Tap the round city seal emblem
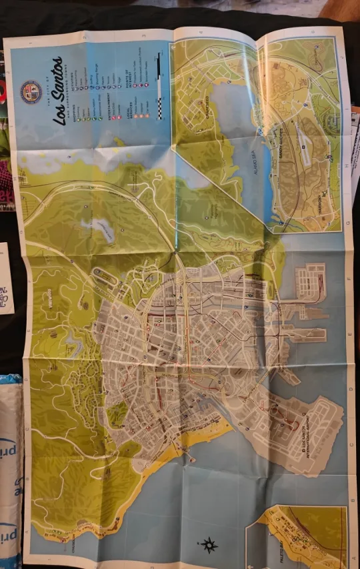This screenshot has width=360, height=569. point(31,89)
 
